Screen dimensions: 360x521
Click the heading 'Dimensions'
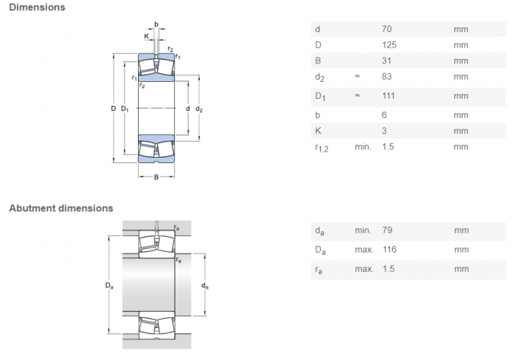(x=37, y=8)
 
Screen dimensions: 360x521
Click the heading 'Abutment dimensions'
(x=61, y=208)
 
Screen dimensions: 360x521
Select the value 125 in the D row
(x=389, y=44)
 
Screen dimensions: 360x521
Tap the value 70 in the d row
(x=386, y=29)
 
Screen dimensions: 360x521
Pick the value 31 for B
(x=386, y=61)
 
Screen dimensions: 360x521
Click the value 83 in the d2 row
(x=386, y=77)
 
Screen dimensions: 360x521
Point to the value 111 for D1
(x=388, y=97)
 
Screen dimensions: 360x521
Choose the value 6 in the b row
(x=384, y=115)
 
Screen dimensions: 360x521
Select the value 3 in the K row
(x=384, y=130)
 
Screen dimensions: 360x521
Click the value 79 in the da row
(x=386, y=231)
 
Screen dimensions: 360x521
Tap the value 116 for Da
(x=389, y=250)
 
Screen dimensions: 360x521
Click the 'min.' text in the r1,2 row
(x=362, y=146)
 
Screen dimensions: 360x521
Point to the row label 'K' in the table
(x=317, y=130)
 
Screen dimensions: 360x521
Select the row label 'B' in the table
(x=317, y=61)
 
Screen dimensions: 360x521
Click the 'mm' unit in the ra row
(x=460, y=269)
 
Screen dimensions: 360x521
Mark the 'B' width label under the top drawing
(x=156, y=178)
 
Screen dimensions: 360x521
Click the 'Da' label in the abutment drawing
(x=109, y=286)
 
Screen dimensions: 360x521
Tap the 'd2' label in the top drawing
(x=199, y=110)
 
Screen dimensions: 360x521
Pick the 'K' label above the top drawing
(x=146, y=36)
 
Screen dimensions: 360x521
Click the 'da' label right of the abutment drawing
(x=205, y=286)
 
